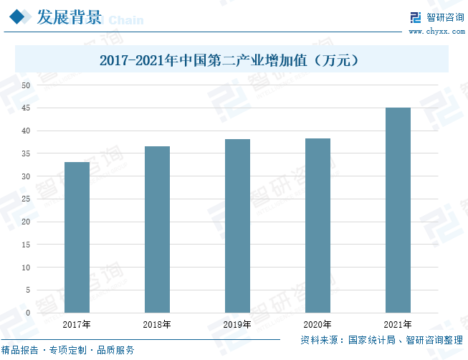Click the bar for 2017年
(x=77, y=237)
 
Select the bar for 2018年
(x=157, y=229)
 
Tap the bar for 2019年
(x=237, y=226)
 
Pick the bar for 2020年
(x=317, y=225)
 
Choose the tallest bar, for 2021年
(x=398, y=210)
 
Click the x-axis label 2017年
(x=77, y=325)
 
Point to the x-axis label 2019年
(x=237, y=325)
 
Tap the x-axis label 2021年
(x=398, y=325)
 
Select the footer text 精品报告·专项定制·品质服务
(x=68, y=351)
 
